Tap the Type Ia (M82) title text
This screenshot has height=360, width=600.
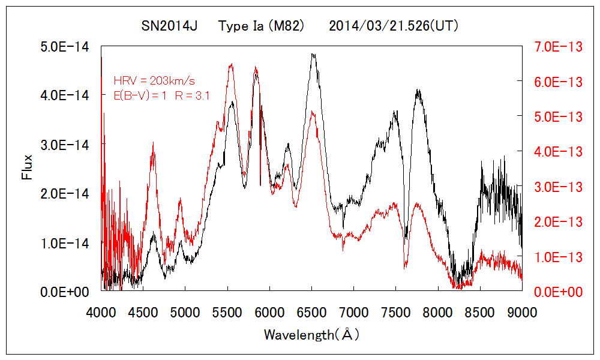point(262,26)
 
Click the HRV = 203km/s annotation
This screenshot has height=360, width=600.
point(154,80)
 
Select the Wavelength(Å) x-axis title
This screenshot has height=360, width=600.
point(311,335)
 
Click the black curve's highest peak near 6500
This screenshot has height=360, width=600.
point(313,54)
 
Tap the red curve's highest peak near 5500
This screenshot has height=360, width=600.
point(231,65)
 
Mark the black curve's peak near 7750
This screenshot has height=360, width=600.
point(418,91)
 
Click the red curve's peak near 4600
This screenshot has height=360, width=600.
point(154,144)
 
